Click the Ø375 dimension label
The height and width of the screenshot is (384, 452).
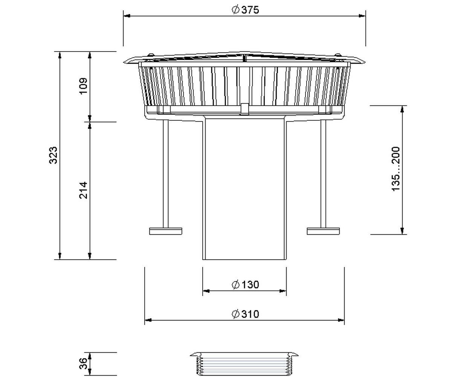[245, 10]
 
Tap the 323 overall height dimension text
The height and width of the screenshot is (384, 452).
[53, 155]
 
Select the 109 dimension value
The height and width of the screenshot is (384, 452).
[83, 86]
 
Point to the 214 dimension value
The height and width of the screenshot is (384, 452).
[83, 190]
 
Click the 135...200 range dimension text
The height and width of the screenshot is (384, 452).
[395, 169]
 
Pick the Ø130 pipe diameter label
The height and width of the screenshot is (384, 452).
[245, 285]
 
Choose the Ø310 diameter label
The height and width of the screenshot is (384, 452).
[245, 314]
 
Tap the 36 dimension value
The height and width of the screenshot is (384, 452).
[83, 363]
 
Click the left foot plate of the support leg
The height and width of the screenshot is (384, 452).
[165, 231]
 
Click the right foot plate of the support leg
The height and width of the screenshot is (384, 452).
[323, 231]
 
